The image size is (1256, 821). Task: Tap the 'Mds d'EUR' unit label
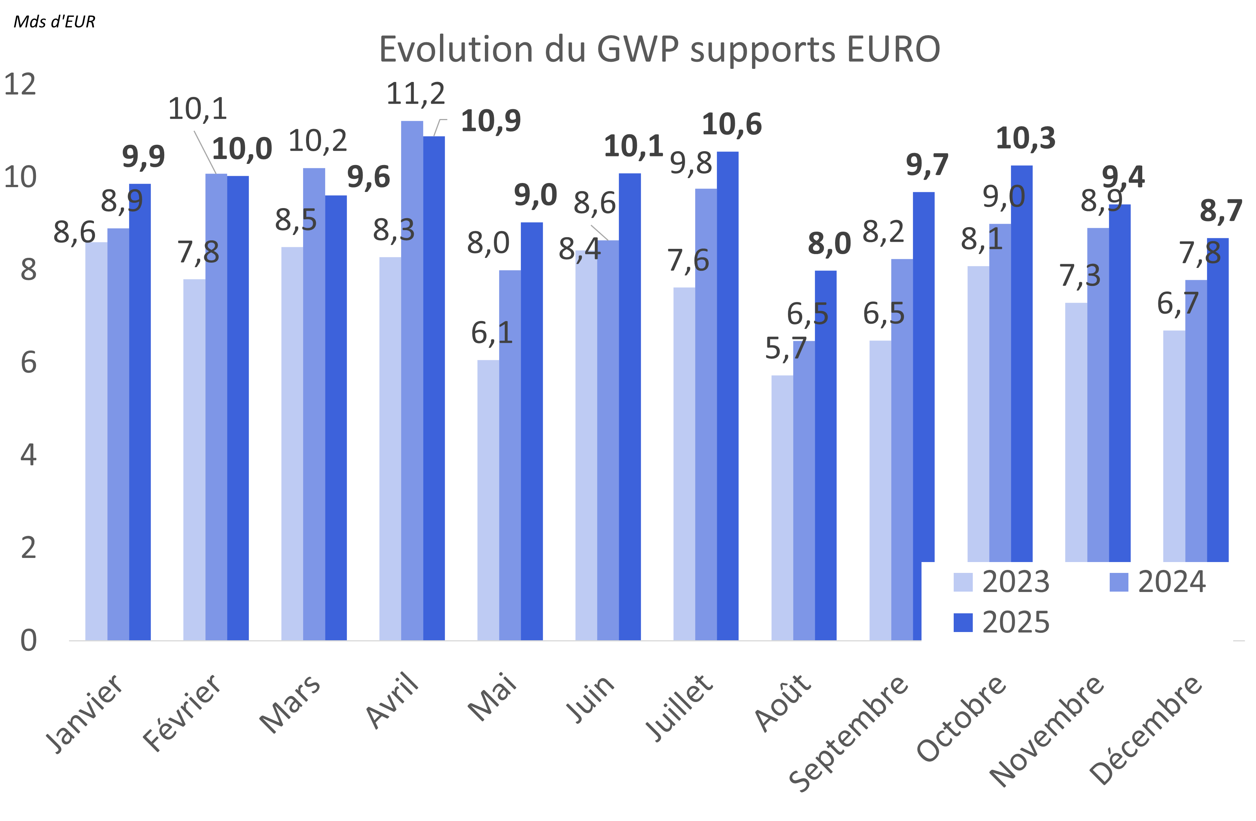54,22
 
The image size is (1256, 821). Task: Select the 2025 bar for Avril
433,388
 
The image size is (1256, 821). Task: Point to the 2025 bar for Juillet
727,396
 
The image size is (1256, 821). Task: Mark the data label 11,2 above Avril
415,94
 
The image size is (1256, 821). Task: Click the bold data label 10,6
731,125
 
